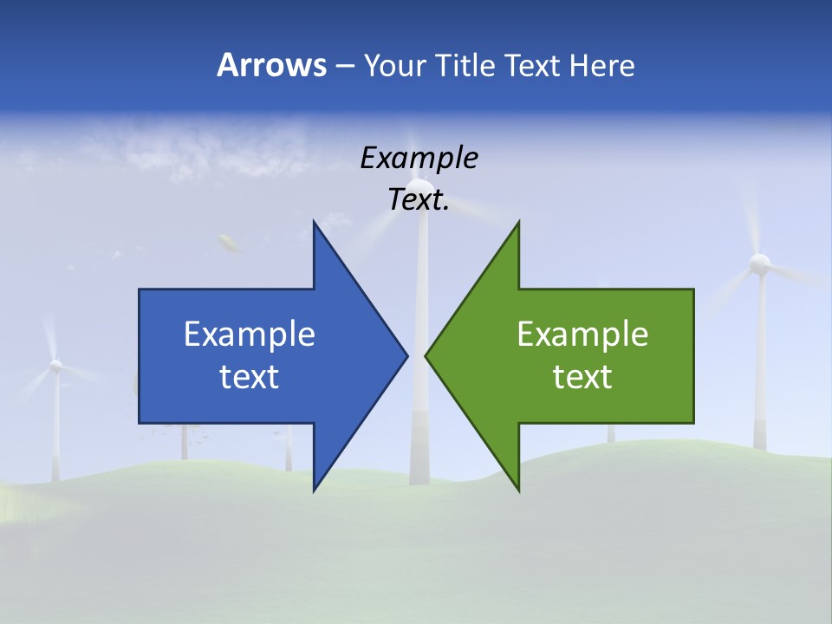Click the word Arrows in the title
click(x=271, y=65)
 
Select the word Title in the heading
click(x=466, y=65)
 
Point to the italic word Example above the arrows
click(x=419, y=158)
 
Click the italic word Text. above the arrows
click(x=419, y=200)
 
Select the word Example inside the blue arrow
click(x=250, y=334)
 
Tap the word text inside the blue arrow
click(x=250, y=376)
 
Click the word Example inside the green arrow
click(x=582, y=334)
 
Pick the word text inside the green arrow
click(x=582, y=376)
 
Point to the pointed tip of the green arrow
click(x=426, y=355)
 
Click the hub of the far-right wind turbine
click(x=760, y=262)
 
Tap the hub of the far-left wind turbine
click(x=55, y=366)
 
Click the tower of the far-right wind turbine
click(x=761, y=364)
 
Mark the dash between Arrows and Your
click(x=344, y=67)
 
